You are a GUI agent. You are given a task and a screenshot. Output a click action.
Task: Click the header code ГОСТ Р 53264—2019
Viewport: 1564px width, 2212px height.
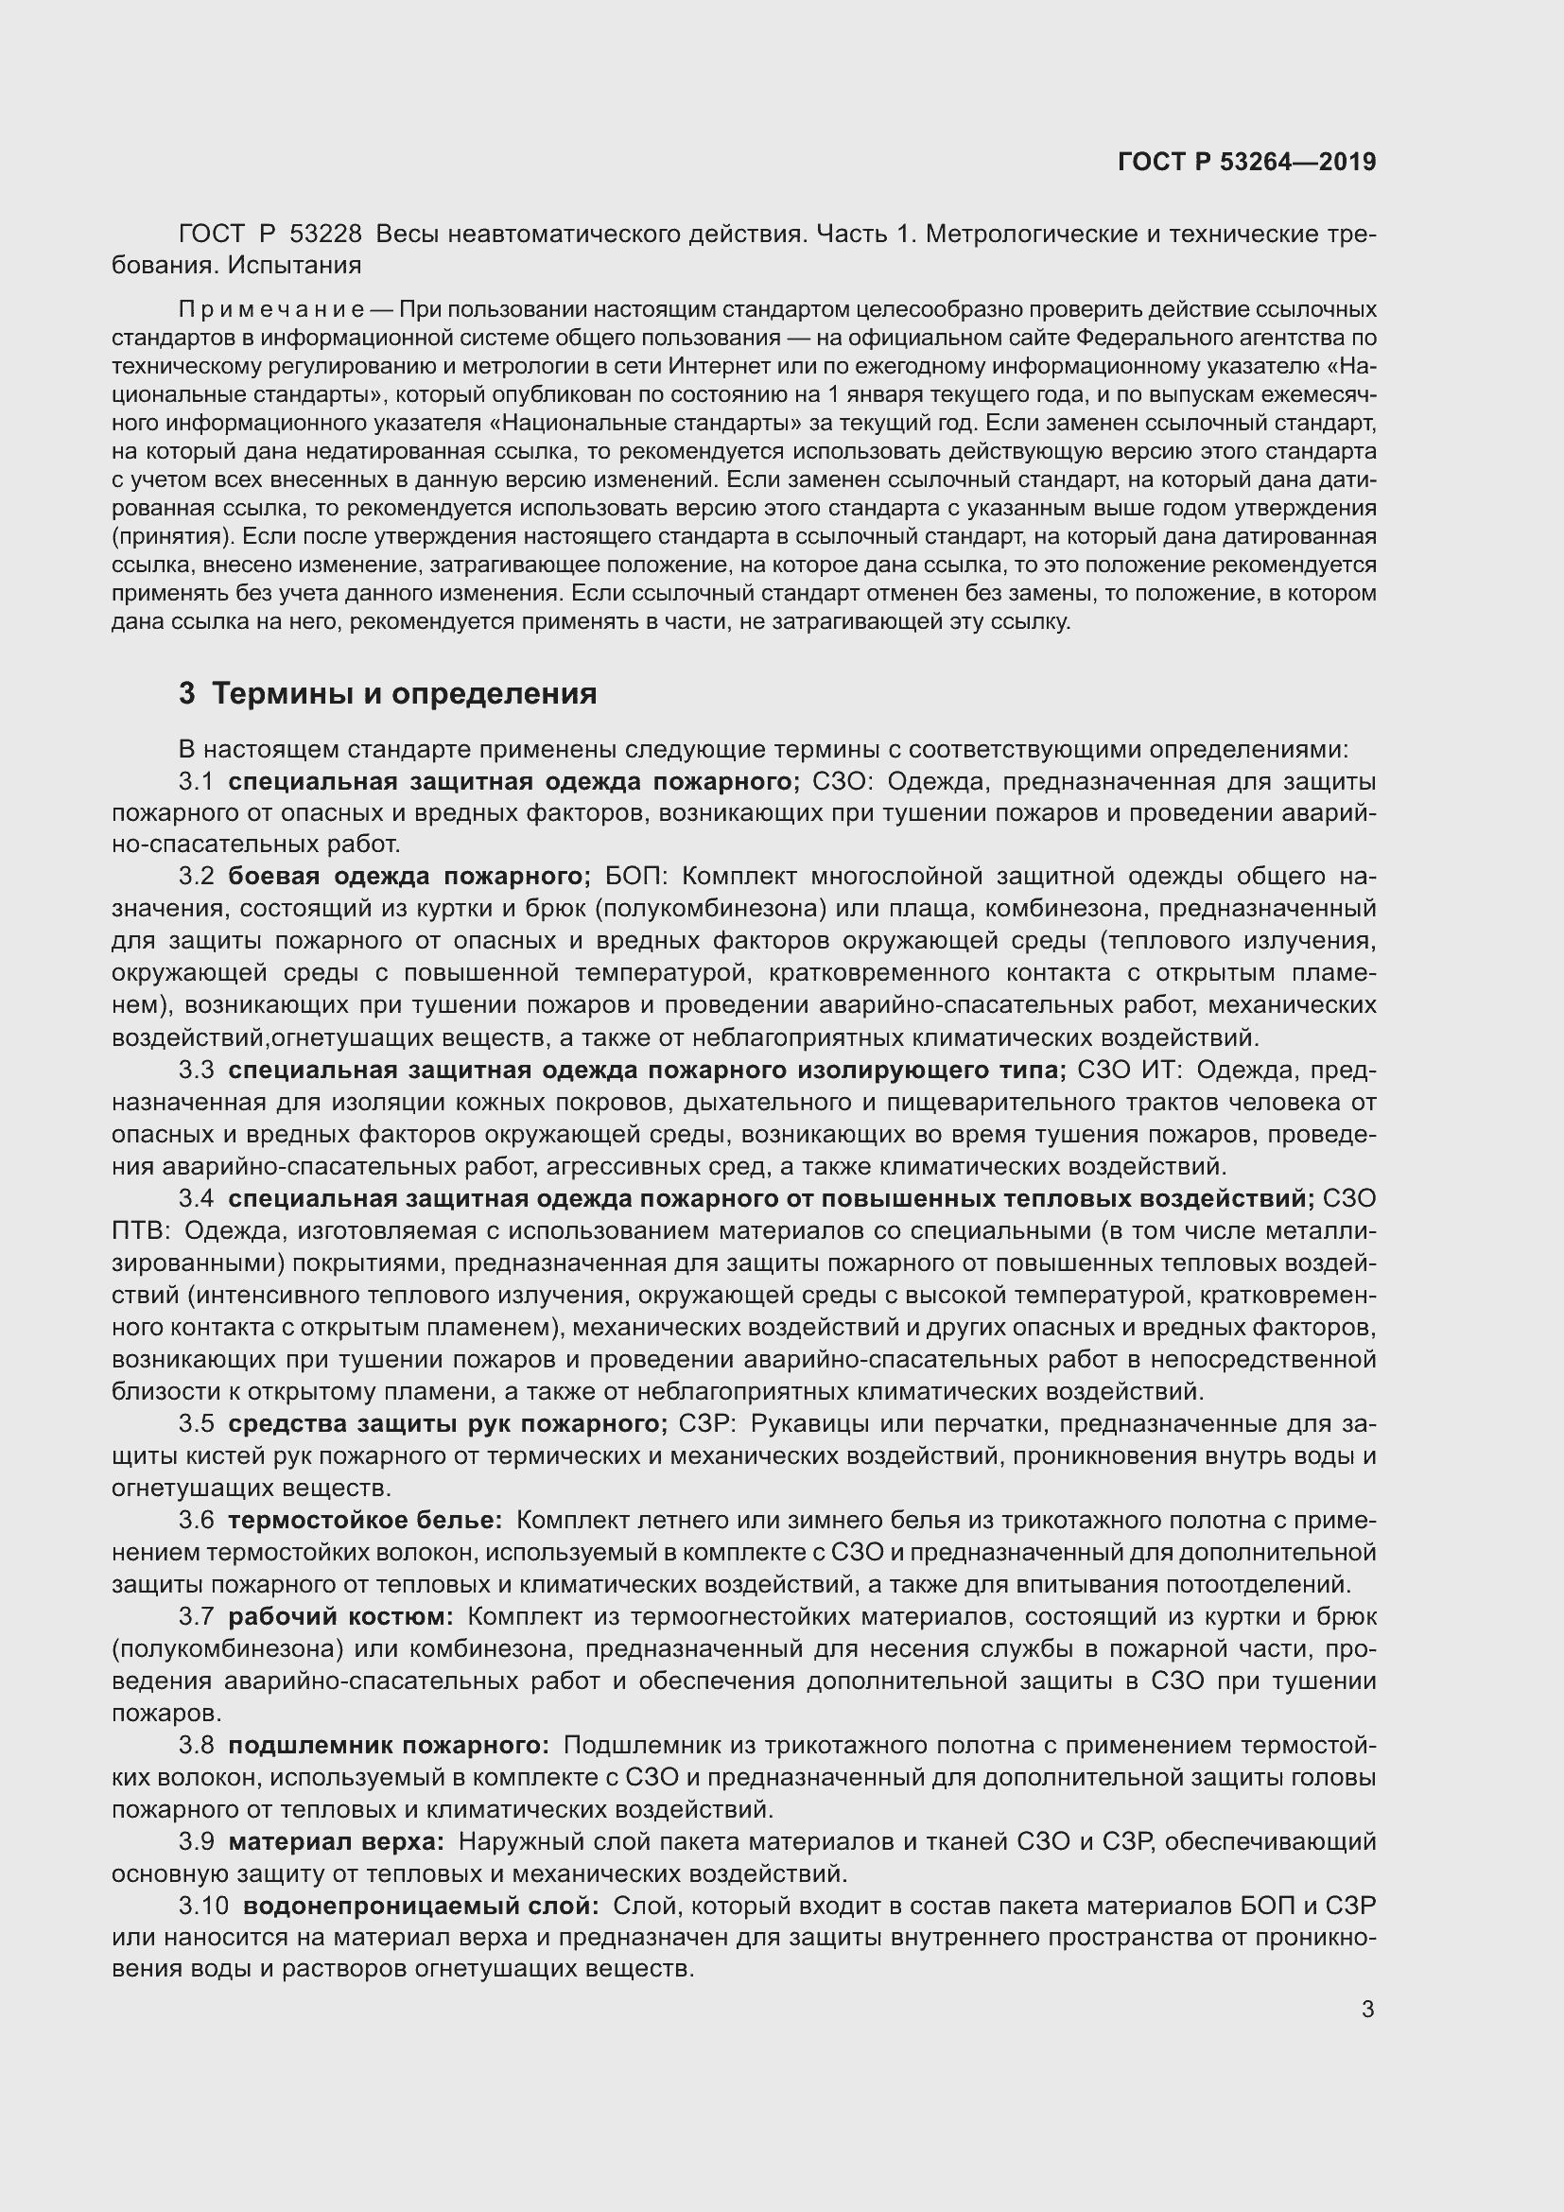click(x=1247, y=162)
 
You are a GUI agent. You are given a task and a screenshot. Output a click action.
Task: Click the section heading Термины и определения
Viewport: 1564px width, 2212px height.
click(x=405, y=693)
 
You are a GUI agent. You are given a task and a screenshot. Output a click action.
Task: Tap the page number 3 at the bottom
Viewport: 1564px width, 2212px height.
click(x=1367, y=2010)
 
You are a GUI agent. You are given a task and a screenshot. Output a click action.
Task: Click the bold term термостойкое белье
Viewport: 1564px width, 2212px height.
click(x=365, y=1521)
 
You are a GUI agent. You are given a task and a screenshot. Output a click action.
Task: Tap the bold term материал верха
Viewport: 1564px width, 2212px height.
click(x=336, y=1841)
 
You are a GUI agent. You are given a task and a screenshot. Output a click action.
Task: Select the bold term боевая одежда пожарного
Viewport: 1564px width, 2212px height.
click(x=409, y=877)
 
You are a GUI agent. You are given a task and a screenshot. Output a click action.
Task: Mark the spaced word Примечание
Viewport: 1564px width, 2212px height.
click(x=270, y=310)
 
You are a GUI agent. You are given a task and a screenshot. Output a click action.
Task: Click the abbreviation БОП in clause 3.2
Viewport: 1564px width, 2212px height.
click(x=636, y=877)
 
